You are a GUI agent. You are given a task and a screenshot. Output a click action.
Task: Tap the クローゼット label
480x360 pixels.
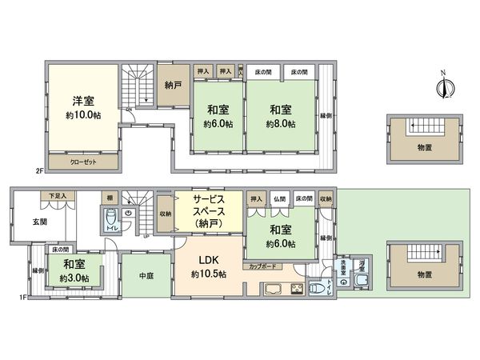tap(83, 162)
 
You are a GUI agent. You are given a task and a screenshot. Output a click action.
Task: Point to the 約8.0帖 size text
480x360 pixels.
tap(281, 125)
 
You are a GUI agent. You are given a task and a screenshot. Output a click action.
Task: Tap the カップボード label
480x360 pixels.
tap(264, 266)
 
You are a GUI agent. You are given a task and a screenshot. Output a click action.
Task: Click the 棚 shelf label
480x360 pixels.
tap(108, 196)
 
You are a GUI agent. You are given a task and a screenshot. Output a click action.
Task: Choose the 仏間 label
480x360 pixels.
tap(278, 198)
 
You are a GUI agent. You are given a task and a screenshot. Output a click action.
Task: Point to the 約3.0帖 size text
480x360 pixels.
tap(74, 278)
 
